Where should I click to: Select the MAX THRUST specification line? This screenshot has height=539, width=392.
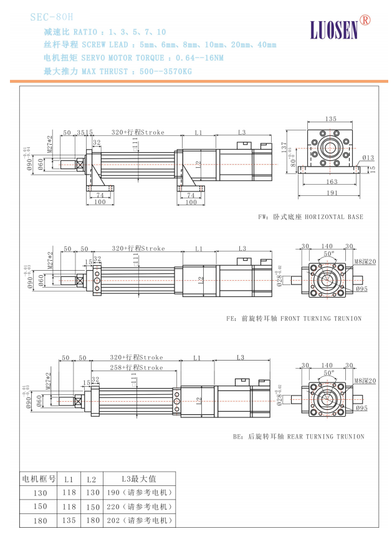pyautogui.click(x=118, y=71)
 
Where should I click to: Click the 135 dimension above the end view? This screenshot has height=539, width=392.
pyautogui.click(x=330, y=119)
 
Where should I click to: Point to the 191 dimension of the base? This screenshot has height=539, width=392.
pyautogui.click(x=331, y=193)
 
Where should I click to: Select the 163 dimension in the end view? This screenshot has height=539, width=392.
pyautogui.click(x=331, y=182)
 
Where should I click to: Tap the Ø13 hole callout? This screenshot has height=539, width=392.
pyautogui.click(x=368, y=158)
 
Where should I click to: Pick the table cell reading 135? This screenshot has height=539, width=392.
pyautogui.click(x=69, y=520)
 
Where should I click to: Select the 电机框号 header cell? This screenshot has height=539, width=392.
pyautogui.click(x=39, y=479)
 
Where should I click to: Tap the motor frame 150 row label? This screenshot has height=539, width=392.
pyautogui.click(x=39, y=507)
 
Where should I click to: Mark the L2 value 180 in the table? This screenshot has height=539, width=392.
pyautogui.click(x=92, y=520)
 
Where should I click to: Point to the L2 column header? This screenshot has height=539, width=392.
pyautogui.click(x=92, y=479)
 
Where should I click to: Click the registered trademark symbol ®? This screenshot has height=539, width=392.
pyautogui.click(x=365, y=20)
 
